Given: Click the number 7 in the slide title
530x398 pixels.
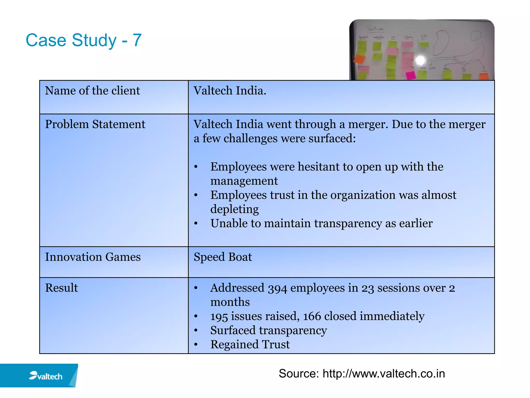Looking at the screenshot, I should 137,40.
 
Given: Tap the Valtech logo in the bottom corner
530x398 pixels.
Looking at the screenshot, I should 46,376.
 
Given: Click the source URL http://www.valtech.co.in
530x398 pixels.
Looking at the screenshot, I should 384,374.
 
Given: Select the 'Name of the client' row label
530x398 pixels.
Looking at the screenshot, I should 92,91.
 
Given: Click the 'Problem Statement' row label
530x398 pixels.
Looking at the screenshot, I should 95,124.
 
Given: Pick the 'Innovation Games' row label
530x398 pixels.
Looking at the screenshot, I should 93,257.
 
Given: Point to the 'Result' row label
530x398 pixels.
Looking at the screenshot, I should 61,288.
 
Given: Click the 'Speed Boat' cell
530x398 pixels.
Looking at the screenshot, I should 223,257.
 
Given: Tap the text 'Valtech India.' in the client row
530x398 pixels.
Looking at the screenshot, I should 230,91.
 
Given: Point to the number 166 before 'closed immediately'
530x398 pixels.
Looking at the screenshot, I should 312,317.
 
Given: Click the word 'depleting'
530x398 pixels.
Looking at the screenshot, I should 234,209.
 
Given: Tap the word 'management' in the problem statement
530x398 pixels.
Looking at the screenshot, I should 244,181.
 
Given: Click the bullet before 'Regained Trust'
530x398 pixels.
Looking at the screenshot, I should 196,345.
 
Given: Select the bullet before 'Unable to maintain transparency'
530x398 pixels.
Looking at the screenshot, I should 196,223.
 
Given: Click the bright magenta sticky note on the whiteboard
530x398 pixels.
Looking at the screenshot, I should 410,75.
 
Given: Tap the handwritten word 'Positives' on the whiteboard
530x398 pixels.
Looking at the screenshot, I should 375,29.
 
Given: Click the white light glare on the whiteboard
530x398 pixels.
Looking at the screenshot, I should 420,60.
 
